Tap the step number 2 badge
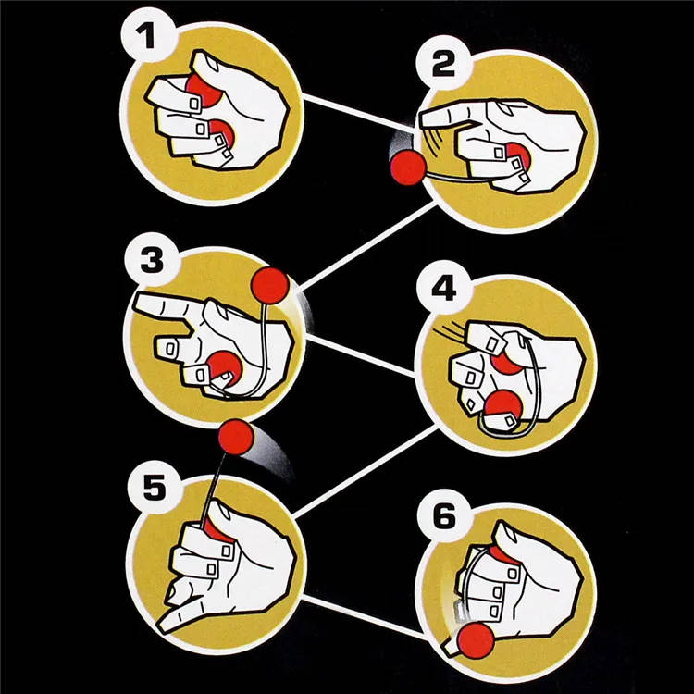pos(445,68)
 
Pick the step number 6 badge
pos(444,515)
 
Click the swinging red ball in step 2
pos(405,168)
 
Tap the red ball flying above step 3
pos(272,285)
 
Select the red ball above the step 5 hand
pos(236,437)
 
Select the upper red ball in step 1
pos(200,89)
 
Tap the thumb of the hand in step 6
pos(514,540)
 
